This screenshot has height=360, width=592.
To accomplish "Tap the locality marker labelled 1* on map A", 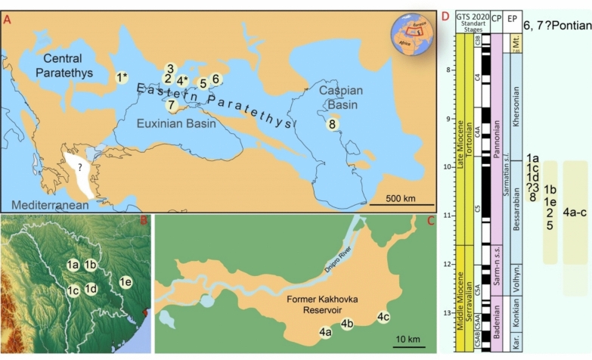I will pos(121,77).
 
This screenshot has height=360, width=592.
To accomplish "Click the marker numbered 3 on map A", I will pos(171,69).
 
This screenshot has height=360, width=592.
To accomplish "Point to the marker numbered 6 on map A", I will pos(215,79).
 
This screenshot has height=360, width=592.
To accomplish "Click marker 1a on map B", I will pos(73,265).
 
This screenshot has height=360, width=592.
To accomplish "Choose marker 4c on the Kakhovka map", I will pos(383,317).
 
